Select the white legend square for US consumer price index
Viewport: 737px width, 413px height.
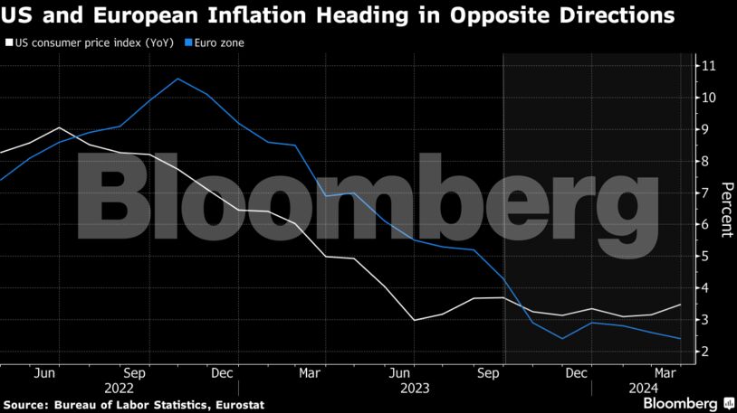[x=8, y=42]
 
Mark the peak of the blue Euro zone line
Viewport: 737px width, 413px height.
[x=177, y=79]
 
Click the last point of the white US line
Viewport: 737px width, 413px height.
[x=679, y=305]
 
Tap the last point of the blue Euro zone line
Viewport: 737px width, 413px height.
[x=679, y=339]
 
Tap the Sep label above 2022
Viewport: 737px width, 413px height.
[x=134, y=371]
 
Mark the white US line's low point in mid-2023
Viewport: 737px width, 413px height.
[x=414, y=320]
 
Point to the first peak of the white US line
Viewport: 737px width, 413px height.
[x=59, y=127]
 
